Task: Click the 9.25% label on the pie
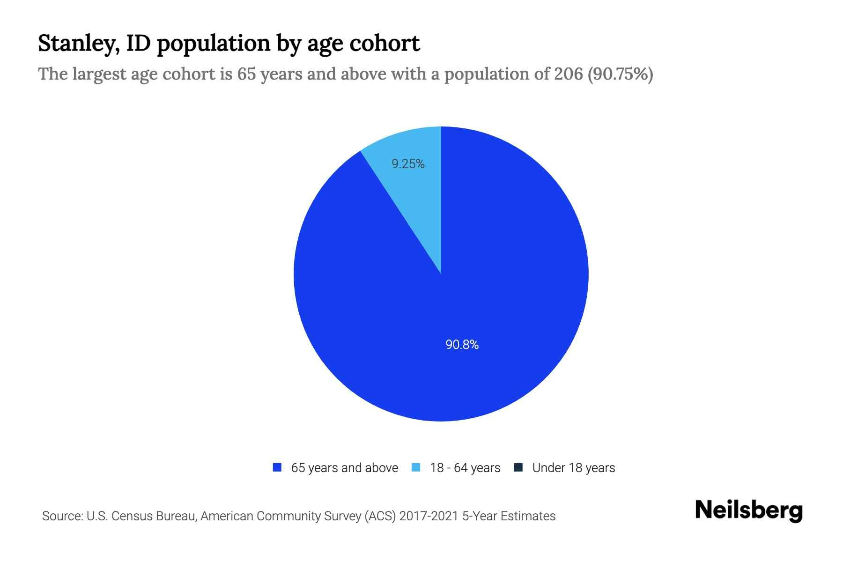point(408,164)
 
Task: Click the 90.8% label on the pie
point(462,345)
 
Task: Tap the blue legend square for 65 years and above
point(277,467)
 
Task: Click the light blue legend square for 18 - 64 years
point(416,467)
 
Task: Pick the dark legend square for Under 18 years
point(518,467)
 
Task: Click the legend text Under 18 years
point(573,468)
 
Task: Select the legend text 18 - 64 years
point(465,468)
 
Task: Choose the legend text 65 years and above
point(344,468)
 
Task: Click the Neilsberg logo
point(748,510)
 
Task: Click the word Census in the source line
point(133,516)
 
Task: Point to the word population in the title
point(213,44)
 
